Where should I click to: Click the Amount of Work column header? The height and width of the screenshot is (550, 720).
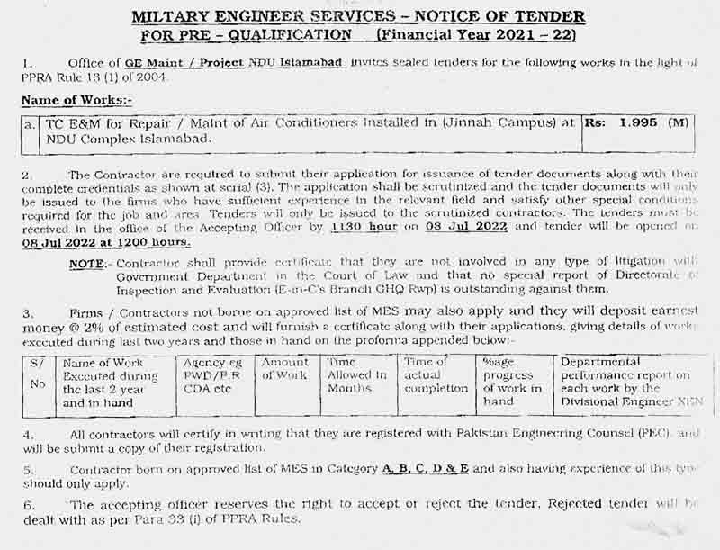(285, 368)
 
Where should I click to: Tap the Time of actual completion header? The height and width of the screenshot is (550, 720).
(436, 374)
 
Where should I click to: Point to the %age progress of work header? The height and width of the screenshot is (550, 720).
(512, 382)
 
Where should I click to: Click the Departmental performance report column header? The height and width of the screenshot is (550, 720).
(630, 382)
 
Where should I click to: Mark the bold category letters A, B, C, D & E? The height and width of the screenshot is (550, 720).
(427, 469)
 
